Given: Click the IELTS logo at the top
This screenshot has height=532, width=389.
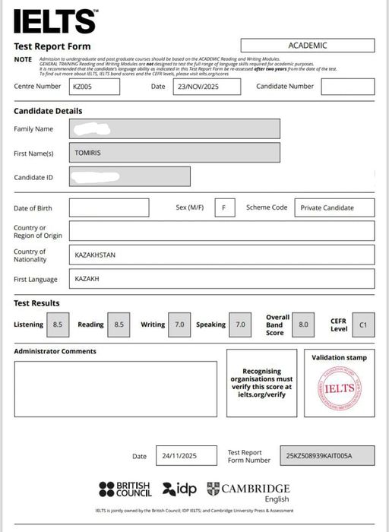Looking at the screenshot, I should point(55,21).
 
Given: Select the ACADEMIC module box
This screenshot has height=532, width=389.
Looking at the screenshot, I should point(308,46).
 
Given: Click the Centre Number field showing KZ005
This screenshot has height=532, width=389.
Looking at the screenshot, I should point(94,87).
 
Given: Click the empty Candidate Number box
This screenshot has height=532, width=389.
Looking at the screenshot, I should point(347,87).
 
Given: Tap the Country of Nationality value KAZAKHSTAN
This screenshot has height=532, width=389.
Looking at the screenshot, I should point(221,255).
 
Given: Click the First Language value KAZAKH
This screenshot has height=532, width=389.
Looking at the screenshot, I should point(221,279).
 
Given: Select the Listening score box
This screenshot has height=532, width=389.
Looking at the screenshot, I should point(58,325).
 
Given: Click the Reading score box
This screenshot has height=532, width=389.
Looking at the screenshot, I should point(119,325).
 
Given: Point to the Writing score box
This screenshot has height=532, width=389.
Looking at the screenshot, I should point(179,325).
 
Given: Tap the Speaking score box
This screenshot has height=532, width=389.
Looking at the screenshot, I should point(240,325).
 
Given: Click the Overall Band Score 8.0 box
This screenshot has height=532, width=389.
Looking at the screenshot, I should point(303,325).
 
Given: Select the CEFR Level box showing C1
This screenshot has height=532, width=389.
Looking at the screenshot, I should point(362,325).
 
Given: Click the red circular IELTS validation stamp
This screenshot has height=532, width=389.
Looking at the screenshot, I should point(339,389).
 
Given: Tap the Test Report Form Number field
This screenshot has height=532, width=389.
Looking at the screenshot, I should point(327,456).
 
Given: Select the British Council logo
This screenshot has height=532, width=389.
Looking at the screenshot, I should point(125,489).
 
